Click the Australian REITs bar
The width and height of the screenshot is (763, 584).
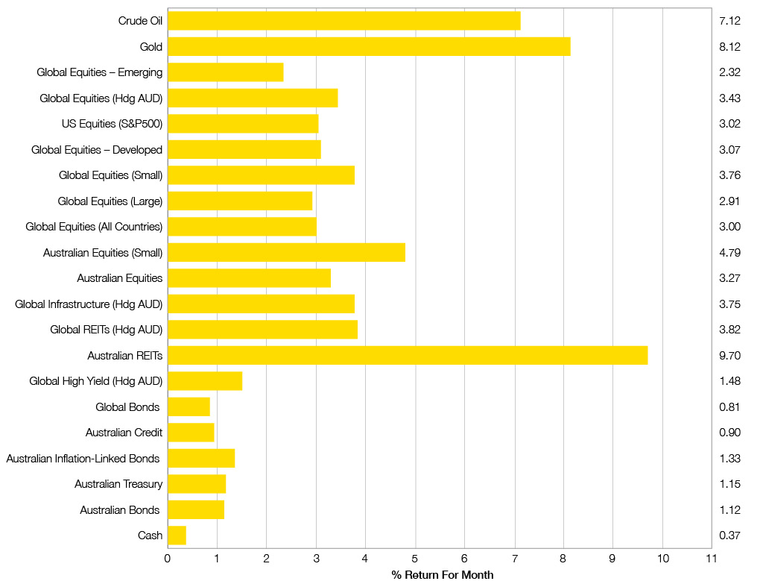pyautogui.click(x=408, y=355)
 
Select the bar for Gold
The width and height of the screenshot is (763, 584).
pyautogui.click(x=369, y=47)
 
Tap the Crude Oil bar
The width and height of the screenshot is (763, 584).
pyautogui.click(x=343, y=21)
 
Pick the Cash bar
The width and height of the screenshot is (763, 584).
pyautogui.click(x=177, y=535)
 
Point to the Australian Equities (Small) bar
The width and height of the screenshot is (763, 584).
pyautogui.click(x=286, y=252)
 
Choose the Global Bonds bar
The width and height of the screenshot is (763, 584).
pyautogui.click(x=189, y=406)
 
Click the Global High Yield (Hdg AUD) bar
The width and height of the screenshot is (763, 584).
pyautogui.click(x=205, y=381)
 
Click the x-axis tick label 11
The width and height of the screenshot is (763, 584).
pyautogui.click(x=711, y=557)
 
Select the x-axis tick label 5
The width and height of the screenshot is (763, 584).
pyautogui.click(x=415, y=557)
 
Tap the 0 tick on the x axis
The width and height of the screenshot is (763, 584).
pyautogui.click(x=168, y=557)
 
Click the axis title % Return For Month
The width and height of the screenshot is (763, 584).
pyautogui.click(x=442, y=574)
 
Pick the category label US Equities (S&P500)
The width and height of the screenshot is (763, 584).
pyautogui.click(x=112, y=124)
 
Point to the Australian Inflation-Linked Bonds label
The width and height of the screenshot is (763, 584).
pyautogui.click(x=83, y=458)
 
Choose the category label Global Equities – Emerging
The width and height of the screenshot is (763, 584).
pyautogui.click(x=100, y=72)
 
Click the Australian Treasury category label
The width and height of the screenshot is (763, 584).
pyautogui.click(x=118, y=484)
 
